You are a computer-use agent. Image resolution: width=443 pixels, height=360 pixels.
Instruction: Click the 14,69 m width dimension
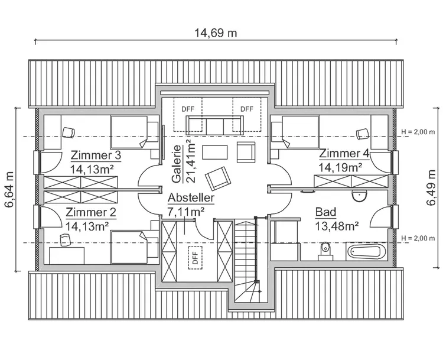pos(216,33)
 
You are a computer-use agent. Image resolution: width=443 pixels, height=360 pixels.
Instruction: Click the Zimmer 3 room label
pos(96,155)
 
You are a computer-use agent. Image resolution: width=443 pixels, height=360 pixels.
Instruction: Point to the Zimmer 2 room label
pos(91,213)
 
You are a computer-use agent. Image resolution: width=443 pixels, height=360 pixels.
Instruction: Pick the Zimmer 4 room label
pos(344,154)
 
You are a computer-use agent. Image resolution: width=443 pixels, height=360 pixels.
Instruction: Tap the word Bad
pos(326,212)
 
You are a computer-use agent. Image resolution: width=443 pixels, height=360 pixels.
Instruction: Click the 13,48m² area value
pos(338,225)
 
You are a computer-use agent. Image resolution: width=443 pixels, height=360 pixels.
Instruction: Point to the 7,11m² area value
pos(186,210)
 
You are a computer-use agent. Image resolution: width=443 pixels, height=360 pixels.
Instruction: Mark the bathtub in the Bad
pos(366,252)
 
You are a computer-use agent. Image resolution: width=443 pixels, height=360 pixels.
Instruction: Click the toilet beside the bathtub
pos(324,251)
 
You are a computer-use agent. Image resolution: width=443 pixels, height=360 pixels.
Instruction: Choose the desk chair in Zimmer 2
pos(65,239)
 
